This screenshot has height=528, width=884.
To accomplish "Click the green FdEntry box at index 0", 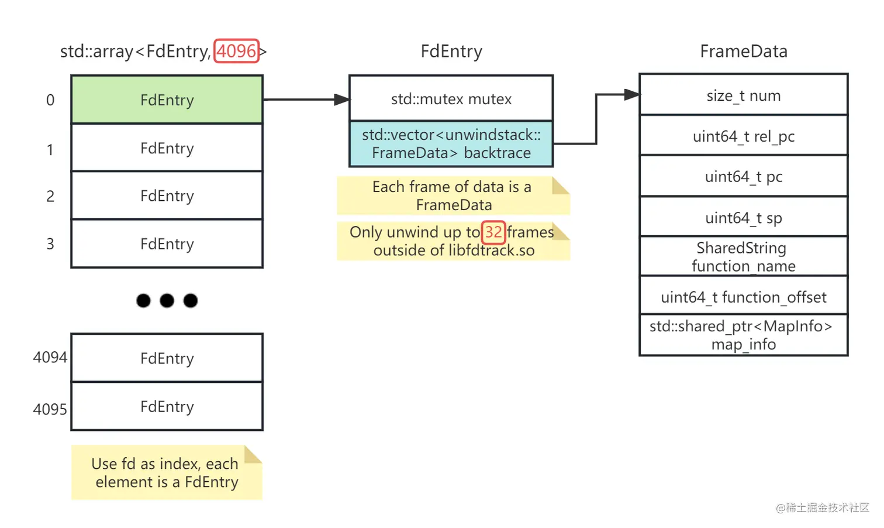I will pos(167,100).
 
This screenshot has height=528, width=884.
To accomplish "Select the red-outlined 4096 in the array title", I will pos(236,51).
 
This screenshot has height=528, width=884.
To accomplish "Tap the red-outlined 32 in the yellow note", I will pos(493,232).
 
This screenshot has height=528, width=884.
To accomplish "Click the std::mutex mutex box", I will pos(451,98).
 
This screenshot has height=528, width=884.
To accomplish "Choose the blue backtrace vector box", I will pos(451,144).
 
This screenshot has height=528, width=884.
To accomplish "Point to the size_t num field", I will pos(743,95).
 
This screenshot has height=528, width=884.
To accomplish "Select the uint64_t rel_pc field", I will pos(743,136).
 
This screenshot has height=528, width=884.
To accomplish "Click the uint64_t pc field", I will pos(743,176).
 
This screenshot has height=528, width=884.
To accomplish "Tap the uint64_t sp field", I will pos(743,217).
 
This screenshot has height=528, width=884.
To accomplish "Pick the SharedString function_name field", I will pos(743,256).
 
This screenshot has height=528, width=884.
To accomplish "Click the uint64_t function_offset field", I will pos(743,297).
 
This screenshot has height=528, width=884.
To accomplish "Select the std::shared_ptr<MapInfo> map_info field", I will pos(743,335).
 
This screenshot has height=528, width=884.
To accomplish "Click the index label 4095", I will pos(50,409).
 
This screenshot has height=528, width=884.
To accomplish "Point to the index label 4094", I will pos(50,357).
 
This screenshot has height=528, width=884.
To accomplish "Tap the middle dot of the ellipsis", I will pos(167,301).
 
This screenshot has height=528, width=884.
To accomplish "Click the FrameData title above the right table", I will pos(743,52).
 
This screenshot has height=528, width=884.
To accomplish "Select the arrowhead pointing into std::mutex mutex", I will pos(341,100).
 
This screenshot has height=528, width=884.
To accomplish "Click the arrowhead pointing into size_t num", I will pos(632,94).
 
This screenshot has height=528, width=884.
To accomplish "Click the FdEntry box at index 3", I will pos(167,244).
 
